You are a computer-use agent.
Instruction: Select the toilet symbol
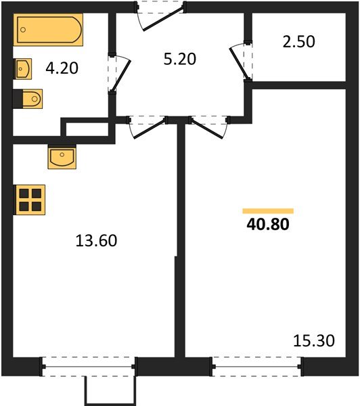(x=28, y=99)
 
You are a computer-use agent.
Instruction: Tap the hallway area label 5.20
(x=180, y=59)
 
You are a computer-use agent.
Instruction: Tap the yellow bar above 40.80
(x=268, y=211)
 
